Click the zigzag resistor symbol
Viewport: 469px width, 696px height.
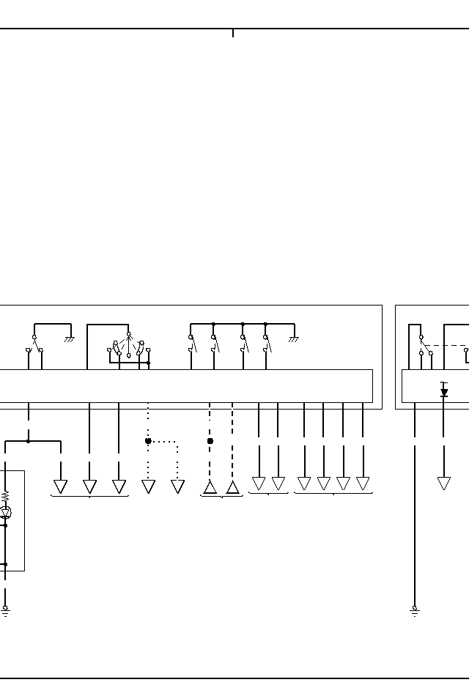[x=5, y=496]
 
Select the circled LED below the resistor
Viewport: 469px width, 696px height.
[x=5, y=512]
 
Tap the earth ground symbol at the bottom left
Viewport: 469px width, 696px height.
[x=5, y=610]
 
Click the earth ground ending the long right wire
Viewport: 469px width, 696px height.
[x=415, y=610]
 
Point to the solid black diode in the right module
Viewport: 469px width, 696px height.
[x=444, y=393]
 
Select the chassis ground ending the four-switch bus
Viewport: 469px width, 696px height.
[x=293, y=338]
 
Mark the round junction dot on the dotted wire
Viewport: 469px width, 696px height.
[x=148, y=441]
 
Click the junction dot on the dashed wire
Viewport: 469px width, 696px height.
[x=210, y=441]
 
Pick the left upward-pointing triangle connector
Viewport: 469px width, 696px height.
[x=210, y=487]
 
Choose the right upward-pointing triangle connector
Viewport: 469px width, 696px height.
[x=232, y=487]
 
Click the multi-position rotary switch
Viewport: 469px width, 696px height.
[x=128, y=346]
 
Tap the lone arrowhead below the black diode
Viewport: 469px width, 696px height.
[x=444, y=484]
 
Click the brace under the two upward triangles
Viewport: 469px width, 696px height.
[x=221, y=497]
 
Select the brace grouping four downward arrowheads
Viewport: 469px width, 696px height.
[x=333, y=493]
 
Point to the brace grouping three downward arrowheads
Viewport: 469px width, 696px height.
[x=89, y=497]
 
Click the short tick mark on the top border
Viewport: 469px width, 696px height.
[x=233, y=33]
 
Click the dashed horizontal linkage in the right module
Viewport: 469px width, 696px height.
[x=444, y=345]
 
